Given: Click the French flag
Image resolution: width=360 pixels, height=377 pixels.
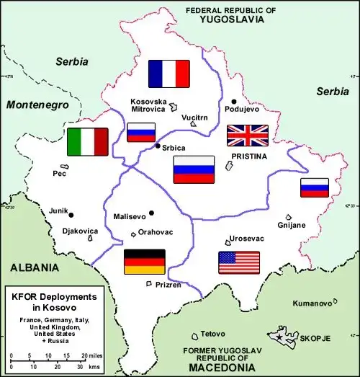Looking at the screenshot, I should (168, 73).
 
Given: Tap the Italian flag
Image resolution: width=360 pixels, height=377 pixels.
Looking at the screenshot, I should (87, 142).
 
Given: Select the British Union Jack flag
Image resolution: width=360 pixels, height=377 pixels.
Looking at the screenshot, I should (247, 136).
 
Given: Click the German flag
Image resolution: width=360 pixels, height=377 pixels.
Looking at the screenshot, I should (145, 262).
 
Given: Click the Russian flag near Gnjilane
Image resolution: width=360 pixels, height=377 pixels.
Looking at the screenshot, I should (315, 187).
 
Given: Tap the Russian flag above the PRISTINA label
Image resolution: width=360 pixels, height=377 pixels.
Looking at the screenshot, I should (194, 169).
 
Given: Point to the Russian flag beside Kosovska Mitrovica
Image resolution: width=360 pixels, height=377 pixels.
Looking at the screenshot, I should (141, 132).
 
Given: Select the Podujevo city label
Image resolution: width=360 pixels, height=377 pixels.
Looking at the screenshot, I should (241, 110).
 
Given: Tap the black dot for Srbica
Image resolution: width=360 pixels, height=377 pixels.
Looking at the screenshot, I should (158, 146).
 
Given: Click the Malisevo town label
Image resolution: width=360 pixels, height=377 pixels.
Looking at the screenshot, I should (130, 216).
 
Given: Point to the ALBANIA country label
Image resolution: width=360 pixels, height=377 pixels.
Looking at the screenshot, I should (35, 267).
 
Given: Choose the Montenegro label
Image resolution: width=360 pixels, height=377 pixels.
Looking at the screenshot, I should (36, 105).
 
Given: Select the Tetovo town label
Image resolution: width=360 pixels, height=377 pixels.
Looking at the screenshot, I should (212, 334).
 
